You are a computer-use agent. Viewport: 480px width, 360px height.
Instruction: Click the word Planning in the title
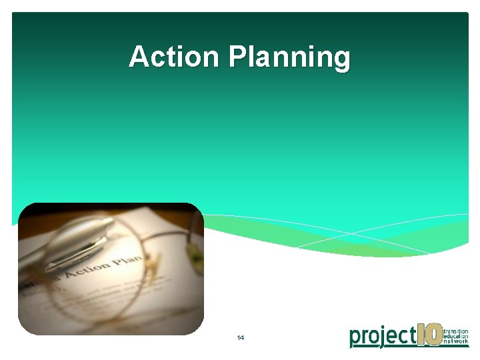pos(289,58)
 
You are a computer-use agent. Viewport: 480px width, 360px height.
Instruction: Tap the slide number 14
pos(240,338)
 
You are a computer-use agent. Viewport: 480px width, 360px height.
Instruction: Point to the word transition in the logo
pos(456,329)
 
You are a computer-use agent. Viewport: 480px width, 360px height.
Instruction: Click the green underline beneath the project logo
pos(409,347)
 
